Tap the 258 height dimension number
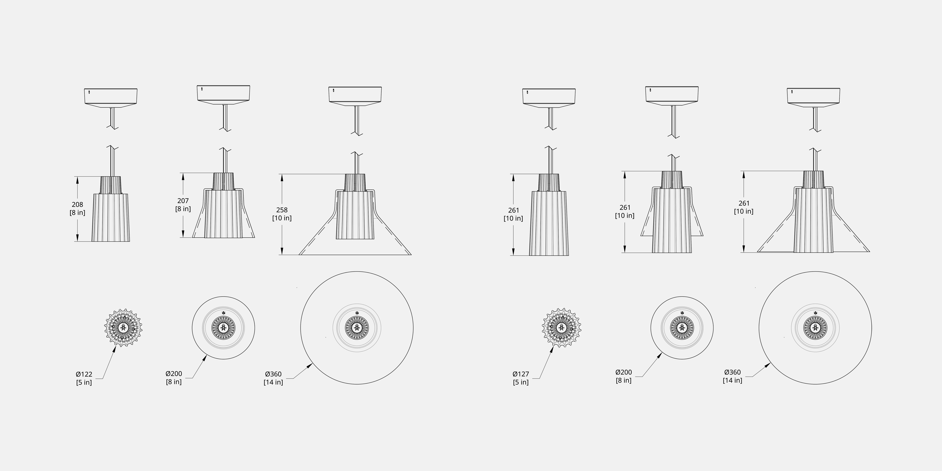pos(282,210)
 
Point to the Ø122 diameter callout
pos(84,374)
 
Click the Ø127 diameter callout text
pos(521,374)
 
